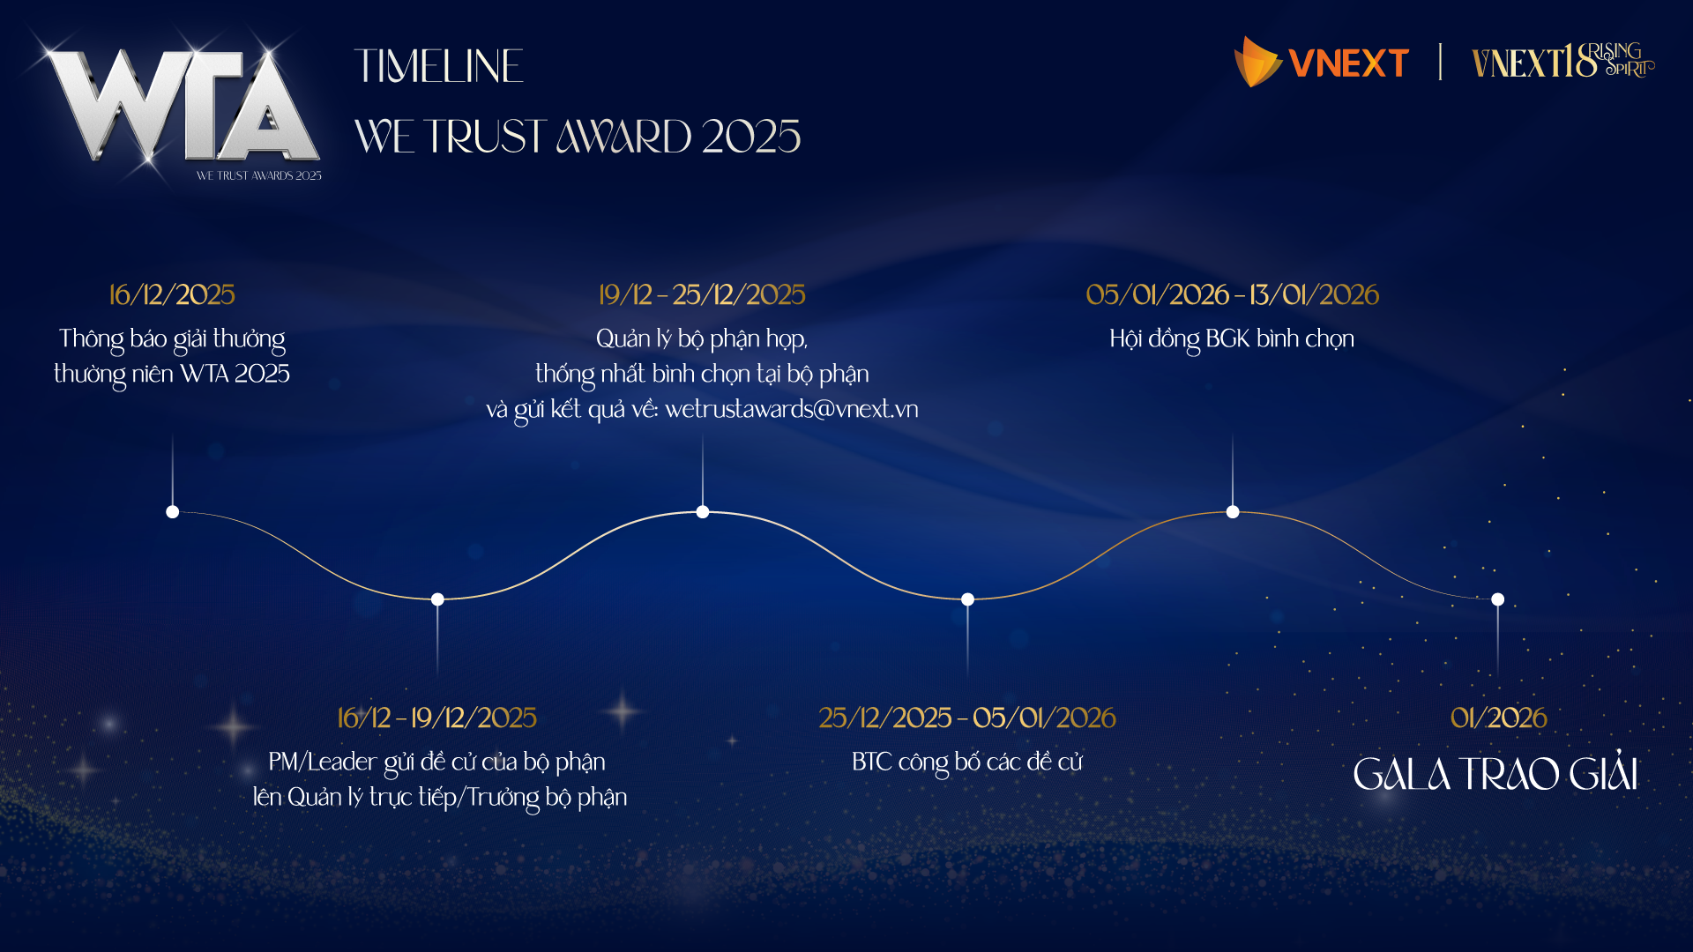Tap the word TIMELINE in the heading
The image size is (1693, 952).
[439, 66]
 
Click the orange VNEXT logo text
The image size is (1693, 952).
[1348, 63]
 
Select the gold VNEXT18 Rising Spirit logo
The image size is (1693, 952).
[1562, 61]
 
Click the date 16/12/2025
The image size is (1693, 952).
[172, 294]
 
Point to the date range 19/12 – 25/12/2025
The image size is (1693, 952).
[702, 294]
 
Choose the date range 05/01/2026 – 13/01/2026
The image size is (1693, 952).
[1232, 294]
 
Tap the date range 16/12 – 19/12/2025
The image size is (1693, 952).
[436, 718]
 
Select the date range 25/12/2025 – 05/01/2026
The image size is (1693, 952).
[967, 718]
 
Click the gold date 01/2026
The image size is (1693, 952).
[1498, 718]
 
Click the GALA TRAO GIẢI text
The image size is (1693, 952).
[1496, 773]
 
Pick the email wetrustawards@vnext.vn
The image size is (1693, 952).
[792, 409]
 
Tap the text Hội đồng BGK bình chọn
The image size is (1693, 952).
[1232, 339]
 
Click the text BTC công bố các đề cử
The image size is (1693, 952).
[967, 762]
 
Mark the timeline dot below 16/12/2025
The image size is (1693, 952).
[173, 512]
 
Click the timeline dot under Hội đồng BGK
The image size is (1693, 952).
[1233, 512]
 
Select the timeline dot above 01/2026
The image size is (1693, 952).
[1497, 599]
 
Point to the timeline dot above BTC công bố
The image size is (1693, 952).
[967, 599]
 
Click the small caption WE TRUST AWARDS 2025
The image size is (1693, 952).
[258, 175]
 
